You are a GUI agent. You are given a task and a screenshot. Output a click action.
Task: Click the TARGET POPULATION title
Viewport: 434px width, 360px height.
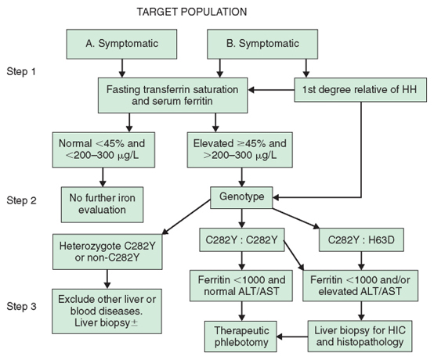coord(191,12)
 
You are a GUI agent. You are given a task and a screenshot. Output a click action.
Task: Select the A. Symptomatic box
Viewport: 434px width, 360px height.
coord(121,45)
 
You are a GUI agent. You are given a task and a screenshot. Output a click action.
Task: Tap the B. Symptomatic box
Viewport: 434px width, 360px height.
coord(262,45)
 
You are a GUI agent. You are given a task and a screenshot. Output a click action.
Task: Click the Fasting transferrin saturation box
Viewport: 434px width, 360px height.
coord(172,95)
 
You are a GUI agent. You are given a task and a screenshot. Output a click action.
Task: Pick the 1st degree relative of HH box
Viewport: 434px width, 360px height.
coord(360,90)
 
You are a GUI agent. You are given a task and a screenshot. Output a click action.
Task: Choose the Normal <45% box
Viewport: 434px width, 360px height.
coord(103,149)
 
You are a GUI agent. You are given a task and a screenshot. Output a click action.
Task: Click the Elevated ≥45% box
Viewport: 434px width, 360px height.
coord(240,149)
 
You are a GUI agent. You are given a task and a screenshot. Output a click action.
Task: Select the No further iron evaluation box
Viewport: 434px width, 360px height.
coord(102,204)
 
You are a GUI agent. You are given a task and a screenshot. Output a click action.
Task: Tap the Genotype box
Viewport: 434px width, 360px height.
coord(241,197)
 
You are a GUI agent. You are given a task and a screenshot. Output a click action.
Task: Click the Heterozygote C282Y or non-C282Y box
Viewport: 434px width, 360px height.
coord(107,252)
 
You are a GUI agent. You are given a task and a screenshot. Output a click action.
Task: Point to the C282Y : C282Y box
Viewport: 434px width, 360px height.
coord(242,239)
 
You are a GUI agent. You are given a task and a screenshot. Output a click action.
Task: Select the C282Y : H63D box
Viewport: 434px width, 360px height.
coord(361,239)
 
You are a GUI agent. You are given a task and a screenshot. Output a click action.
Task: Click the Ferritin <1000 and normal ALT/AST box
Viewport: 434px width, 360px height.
coord(241,286)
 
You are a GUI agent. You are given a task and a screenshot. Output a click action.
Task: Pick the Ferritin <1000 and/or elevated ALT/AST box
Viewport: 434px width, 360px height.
coord(360,286)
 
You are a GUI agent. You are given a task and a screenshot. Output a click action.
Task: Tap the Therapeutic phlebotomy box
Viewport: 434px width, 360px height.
coord(241,337)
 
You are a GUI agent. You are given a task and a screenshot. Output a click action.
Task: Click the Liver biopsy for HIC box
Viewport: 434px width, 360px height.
coord(360,337)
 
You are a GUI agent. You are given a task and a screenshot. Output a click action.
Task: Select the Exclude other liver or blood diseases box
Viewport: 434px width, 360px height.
coord(107,311)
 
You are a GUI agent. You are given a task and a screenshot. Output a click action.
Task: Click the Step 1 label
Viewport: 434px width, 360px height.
coord(21,72)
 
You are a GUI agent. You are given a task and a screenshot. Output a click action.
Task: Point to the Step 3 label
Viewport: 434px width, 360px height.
coord(22,306)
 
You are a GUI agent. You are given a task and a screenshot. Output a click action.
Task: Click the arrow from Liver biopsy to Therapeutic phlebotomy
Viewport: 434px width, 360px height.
coord(292,337)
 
